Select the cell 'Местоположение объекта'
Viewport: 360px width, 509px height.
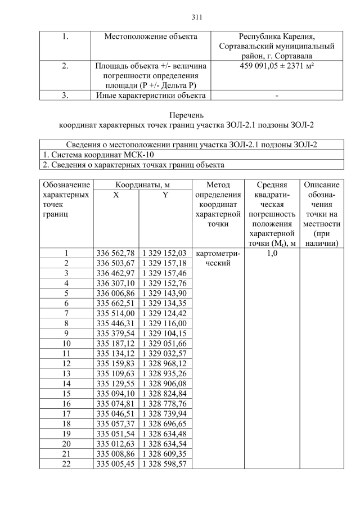151,37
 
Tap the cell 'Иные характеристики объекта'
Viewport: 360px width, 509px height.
151,95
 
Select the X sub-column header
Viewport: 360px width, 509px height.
115,195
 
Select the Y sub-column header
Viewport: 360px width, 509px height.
165,195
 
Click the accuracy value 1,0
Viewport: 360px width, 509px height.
272,253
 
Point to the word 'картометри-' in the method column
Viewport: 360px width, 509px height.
218,253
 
